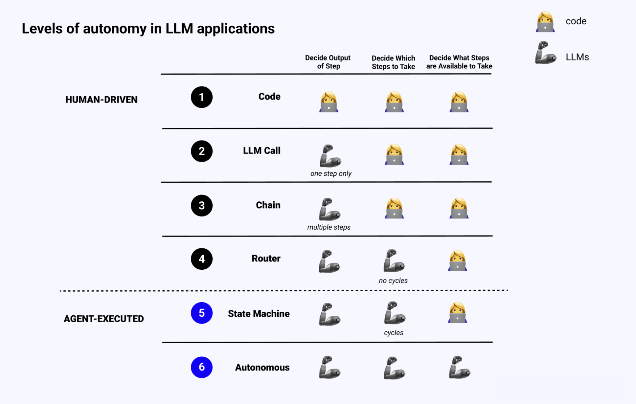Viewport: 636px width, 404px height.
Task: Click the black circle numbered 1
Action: (202, 97)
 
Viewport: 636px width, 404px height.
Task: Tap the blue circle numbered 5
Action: (202, 313)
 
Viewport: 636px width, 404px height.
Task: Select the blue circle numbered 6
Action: (202, 367)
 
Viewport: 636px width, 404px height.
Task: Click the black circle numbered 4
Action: (202, 259)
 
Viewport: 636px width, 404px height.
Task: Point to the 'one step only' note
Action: (331, 173)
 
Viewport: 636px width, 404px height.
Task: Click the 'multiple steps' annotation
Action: (329, 227)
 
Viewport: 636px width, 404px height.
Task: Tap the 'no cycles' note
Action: (393, 281)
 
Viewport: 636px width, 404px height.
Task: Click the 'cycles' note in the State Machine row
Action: (394, 333)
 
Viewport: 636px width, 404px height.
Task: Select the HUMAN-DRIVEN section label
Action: (102, 100)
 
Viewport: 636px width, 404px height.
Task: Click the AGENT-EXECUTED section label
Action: (104, 319)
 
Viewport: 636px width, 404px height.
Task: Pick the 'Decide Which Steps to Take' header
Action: (394, 62)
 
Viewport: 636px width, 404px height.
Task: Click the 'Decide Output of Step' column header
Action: (328, 62)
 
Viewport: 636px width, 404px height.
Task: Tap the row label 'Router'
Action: (266, 258)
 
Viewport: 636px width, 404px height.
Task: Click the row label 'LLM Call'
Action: (262, 150)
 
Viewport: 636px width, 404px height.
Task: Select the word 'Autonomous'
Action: (262, 367)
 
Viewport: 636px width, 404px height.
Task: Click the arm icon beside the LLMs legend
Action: (546, 53)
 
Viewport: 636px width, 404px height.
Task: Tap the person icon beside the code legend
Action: (545, 22)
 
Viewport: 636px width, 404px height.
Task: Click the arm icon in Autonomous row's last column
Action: (460, 367)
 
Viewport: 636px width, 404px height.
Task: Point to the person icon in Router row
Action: (458, 261)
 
